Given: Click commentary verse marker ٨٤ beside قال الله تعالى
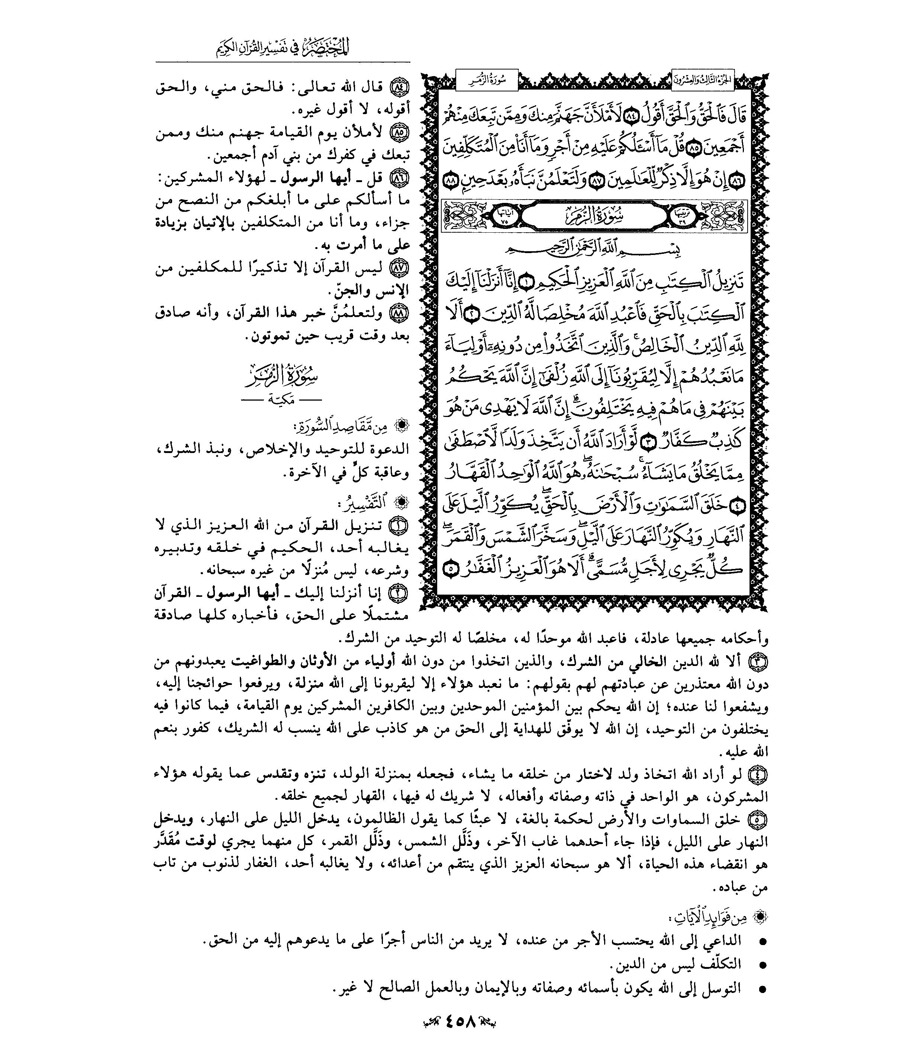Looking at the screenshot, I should point(399,88).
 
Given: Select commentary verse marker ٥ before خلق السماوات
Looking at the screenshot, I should point(758,820).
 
